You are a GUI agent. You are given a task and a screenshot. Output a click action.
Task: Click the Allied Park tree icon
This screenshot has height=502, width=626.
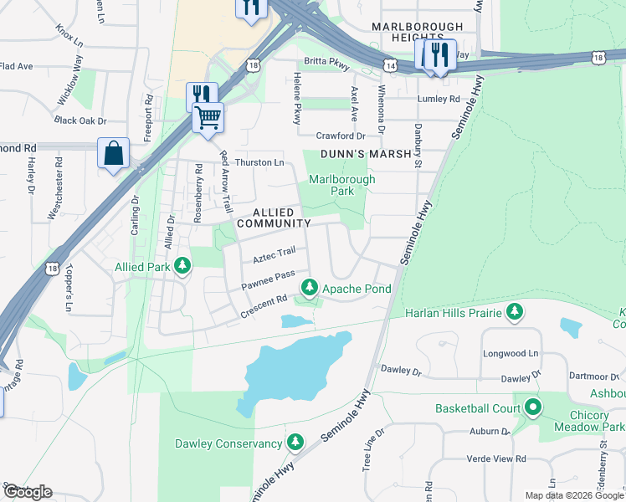click(x=180, y=268)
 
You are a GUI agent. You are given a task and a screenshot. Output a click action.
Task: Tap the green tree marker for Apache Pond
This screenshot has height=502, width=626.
click(x=310, y=289)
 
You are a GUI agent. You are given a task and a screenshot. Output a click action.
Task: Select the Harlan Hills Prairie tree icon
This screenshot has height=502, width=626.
click(x=515, y=313)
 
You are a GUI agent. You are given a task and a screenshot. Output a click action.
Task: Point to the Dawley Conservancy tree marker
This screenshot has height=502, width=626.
click(x=295, y=443)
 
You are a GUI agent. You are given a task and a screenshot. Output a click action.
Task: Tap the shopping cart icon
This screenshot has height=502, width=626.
click(x=208, y=117)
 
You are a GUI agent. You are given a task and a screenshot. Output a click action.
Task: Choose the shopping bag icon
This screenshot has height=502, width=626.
click(x=113, y=155)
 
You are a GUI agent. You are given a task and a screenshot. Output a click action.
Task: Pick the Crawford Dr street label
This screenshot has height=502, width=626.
click(x=341, y=136)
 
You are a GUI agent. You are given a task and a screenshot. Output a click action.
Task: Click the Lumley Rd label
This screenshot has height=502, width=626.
click(x=439, y=99)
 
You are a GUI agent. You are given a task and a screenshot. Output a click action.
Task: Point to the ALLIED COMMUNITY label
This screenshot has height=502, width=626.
click(x=274, y=218)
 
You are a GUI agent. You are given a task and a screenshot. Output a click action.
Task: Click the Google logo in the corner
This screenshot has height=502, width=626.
click(x=28, y=492)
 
